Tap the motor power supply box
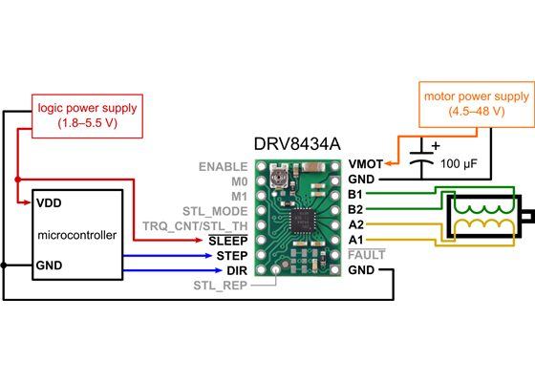coord(475,103)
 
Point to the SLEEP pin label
coord(228,241)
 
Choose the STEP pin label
coord(231,255)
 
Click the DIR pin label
coord(236,270)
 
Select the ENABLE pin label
coord(223,166)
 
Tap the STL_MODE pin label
coord(215,210)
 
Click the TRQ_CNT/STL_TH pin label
coord(195,225)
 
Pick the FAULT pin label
coord(367,255)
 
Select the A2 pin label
coord(355,224)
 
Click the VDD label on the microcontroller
coord(49,203)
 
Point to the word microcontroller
coord(76,234)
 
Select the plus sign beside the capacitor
coord(436,146)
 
